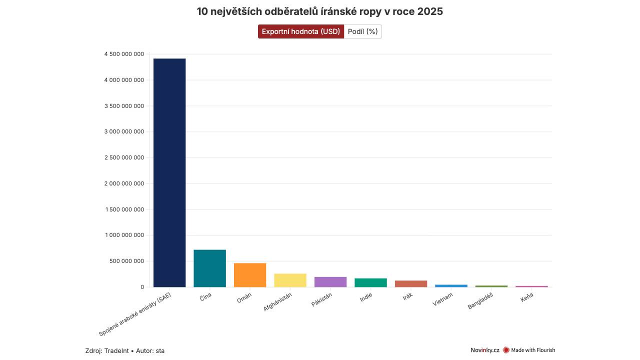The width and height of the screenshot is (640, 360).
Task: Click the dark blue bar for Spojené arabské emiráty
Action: point(169,172)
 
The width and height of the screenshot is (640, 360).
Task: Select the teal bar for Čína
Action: point(209,268)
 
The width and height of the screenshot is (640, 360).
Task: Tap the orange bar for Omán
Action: point(250,275)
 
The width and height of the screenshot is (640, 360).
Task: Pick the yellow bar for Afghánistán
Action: point(290,280)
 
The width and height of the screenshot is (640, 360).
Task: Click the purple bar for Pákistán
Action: point(330,282)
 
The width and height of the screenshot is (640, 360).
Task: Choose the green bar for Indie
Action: point(370,282)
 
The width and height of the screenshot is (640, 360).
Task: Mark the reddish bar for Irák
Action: point(411,283)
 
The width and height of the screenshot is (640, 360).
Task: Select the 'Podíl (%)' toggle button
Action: point(362,31)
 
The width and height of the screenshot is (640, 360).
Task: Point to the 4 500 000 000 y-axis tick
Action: point(124,54)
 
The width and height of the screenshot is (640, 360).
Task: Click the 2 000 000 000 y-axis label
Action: point(124,183)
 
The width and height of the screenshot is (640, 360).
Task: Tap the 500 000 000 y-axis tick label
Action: point(127,261)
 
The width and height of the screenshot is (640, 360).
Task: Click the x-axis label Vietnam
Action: point(443,299)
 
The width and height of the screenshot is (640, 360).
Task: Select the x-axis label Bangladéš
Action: point(480,301)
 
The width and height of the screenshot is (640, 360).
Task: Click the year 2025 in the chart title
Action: point(429,11)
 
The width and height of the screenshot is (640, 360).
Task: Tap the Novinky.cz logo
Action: point(484,350)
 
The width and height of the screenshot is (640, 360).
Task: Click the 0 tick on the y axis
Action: point(142,287)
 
